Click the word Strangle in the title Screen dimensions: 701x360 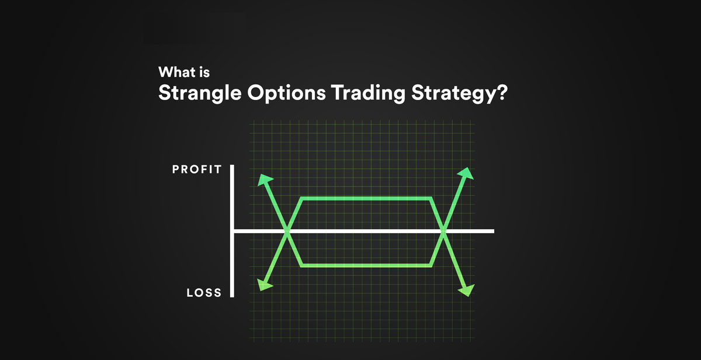click(x=200, y=94)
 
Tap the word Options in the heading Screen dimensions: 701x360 click(x=286, y=94)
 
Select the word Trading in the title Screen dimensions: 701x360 click(x=369, y=94)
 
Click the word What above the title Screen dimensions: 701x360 click(x=176, y=72)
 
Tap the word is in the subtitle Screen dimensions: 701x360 click(x=204, y=72)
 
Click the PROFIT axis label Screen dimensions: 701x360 click(x=197, y=169)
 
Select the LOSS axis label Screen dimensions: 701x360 click(x=204, y=293)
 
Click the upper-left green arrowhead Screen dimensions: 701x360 click(x=265, y=179)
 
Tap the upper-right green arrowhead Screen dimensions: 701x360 click(x=466, y=174)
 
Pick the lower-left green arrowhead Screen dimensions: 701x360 click(x=265, y=285)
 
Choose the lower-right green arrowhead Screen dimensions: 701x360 click(x=467, y=290)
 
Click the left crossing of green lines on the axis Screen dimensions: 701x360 click(x=287, y=231)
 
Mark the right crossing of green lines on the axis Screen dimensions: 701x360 click(x=443, y=231)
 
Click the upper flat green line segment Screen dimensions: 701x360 click(x=366, y=199)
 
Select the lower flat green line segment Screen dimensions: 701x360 click(x=366, y=265)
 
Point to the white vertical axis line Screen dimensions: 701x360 click(x=232, y=231)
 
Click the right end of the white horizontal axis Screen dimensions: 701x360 click(x=494, y=231)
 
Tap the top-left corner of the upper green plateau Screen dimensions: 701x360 click(x=301, y=199)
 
